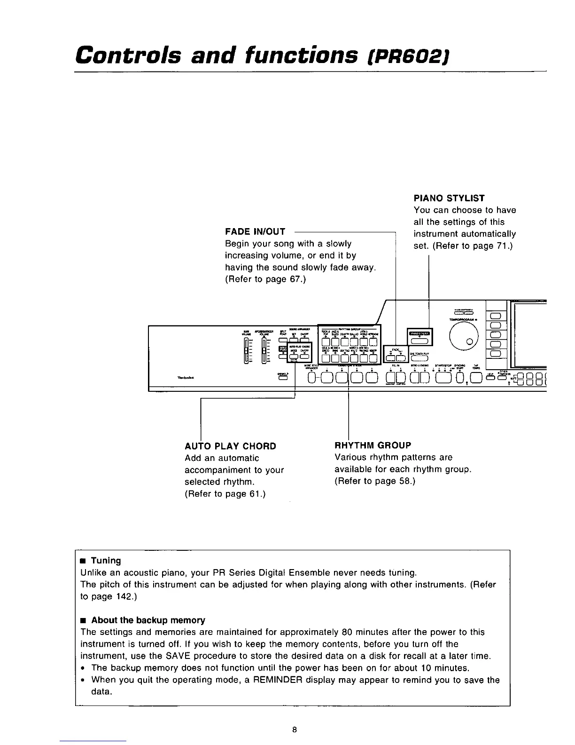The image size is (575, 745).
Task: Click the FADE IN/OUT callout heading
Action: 255,231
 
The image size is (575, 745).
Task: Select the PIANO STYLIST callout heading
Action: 449,198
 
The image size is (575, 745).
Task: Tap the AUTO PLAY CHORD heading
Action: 230,446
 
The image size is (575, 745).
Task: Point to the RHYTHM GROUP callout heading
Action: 373,445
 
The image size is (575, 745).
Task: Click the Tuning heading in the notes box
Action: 106,561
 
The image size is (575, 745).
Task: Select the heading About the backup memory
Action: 148,620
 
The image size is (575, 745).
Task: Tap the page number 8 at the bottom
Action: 294,730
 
